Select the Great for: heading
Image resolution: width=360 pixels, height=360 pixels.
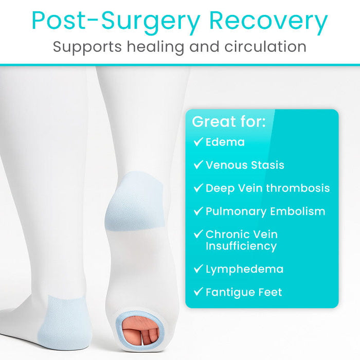point(229,122)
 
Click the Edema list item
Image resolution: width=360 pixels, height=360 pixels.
point(225,142)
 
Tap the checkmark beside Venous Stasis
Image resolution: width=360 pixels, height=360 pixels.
point(198,165)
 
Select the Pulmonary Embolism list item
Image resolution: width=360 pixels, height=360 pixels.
point(265,211)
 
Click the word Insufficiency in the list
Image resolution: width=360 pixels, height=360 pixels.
point(241,246)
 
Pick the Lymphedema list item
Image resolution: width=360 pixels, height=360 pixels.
point(244,269)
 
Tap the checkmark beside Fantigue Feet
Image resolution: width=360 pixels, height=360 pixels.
point(198,292)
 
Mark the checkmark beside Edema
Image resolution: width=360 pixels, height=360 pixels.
point(198,142)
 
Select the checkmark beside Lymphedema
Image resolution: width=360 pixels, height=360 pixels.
point(198,269)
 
